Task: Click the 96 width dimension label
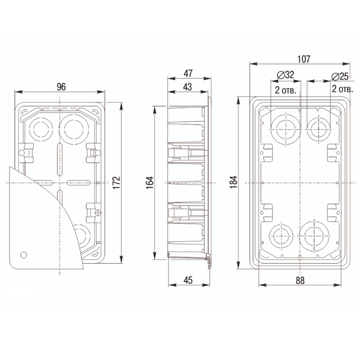(x=61, y=87)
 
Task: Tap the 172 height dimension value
(x=117, y=183)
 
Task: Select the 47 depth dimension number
(x=188, y=73)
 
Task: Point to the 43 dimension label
(x=188, y=87)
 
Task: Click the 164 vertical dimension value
(x=150, y=183)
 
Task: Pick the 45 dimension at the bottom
(x=188, y=280)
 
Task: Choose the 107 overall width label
(x=304, y=59)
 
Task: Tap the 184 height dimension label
(x=234, y=182)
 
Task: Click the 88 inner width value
(x=300, y=280)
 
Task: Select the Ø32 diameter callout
(x=285, y=75)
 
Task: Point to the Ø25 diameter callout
(x=340, y=76)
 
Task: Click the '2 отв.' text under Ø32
(x=286, y=90)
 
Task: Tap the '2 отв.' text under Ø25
(x=342, y=89)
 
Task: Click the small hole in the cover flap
(x=24, y=255)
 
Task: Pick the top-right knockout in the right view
(x=319, y=129)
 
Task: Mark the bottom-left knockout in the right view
(x=281, y=236)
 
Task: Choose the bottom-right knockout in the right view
(x=314, y=236)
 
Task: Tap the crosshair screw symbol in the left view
(x=98, y=213)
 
